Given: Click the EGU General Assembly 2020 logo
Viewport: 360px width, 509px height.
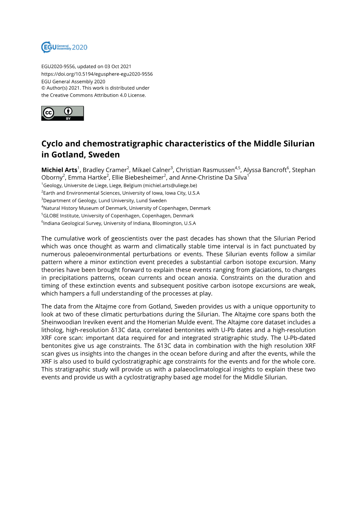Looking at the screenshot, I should pyautogui.click(x=64, y=47).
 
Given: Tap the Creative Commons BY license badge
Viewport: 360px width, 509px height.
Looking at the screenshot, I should pyautogui.click(x=62, y=113).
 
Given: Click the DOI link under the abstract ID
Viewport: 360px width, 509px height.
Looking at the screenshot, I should pyautogui.click(x=97, y=74).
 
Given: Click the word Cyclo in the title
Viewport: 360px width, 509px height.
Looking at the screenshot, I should pyautogui.click(x=52, y=144).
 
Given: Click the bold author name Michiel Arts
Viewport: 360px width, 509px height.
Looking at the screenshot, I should pyautogui.click(x=59, y=170).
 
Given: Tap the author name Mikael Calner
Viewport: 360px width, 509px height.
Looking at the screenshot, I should pyautogui.click(x=151, y=170).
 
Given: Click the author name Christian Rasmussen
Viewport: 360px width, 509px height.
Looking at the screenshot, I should pyautogui.click(x=205, y=170).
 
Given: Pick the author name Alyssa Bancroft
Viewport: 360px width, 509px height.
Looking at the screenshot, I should pyautogui.click(x=265, y=170).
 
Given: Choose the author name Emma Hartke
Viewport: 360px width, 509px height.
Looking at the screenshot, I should pyautogui.click(x=87, y=178).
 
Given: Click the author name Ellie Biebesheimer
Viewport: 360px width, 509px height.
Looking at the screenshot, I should pyautogui.click(x=137, y=178).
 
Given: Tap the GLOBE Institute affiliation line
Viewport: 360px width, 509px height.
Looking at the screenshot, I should pyautogui.click(x=118, y=216).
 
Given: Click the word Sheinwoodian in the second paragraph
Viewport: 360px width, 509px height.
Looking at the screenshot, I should pyautogui.click(x=61, y=322).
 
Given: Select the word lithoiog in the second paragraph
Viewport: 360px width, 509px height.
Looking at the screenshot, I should pyautogui.click(x=52, y=330).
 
